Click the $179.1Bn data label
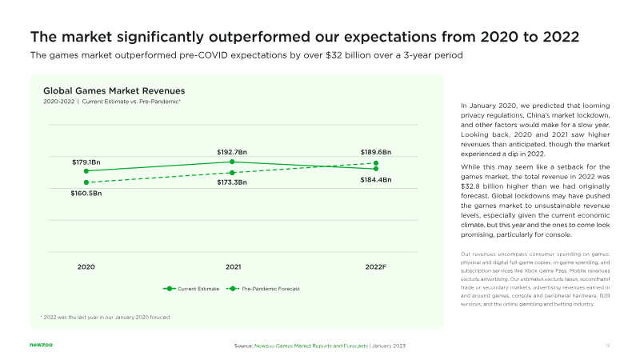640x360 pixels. pos(86,161)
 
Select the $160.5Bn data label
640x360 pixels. pos(86,193)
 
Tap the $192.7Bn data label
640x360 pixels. pos(232,151)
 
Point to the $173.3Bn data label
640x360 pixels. pos(232,183)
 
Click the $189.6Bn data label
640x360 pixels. pos(375,151)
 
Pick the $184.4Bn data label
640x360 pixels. pos(375,180)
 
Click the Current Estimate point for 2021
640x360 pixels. pos(231,162)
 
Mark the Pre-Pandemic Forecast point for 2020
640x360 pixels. pos(86,182)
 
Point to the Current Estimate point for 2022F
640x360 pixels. pos(375,169)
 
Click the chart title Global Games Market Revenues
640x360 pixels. pos(114,91)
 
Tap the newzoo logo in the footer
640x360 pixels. pos(42,345)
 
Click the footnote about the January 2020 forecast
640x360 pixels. pos(106,318)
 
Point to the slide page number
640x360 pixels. pos(608,345)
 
